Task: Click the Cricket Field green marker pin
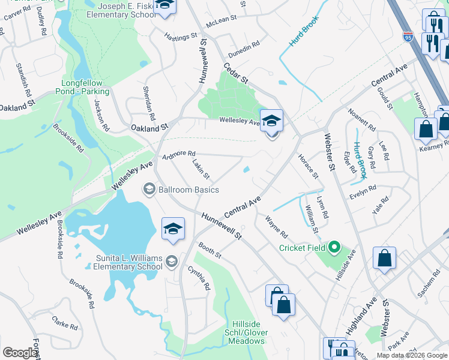[x=335, y=247]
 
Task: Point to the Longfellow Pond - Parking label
[x=85, y=88]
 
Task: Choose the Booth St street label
[x=211, y=250]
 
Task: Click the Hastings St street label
[x=181, y=37]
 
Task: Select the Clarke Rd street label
[x=65, y=323]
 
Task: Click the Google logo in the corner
[x=20, y=353]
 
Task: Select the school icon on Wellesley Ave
[x=271, y=121]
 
